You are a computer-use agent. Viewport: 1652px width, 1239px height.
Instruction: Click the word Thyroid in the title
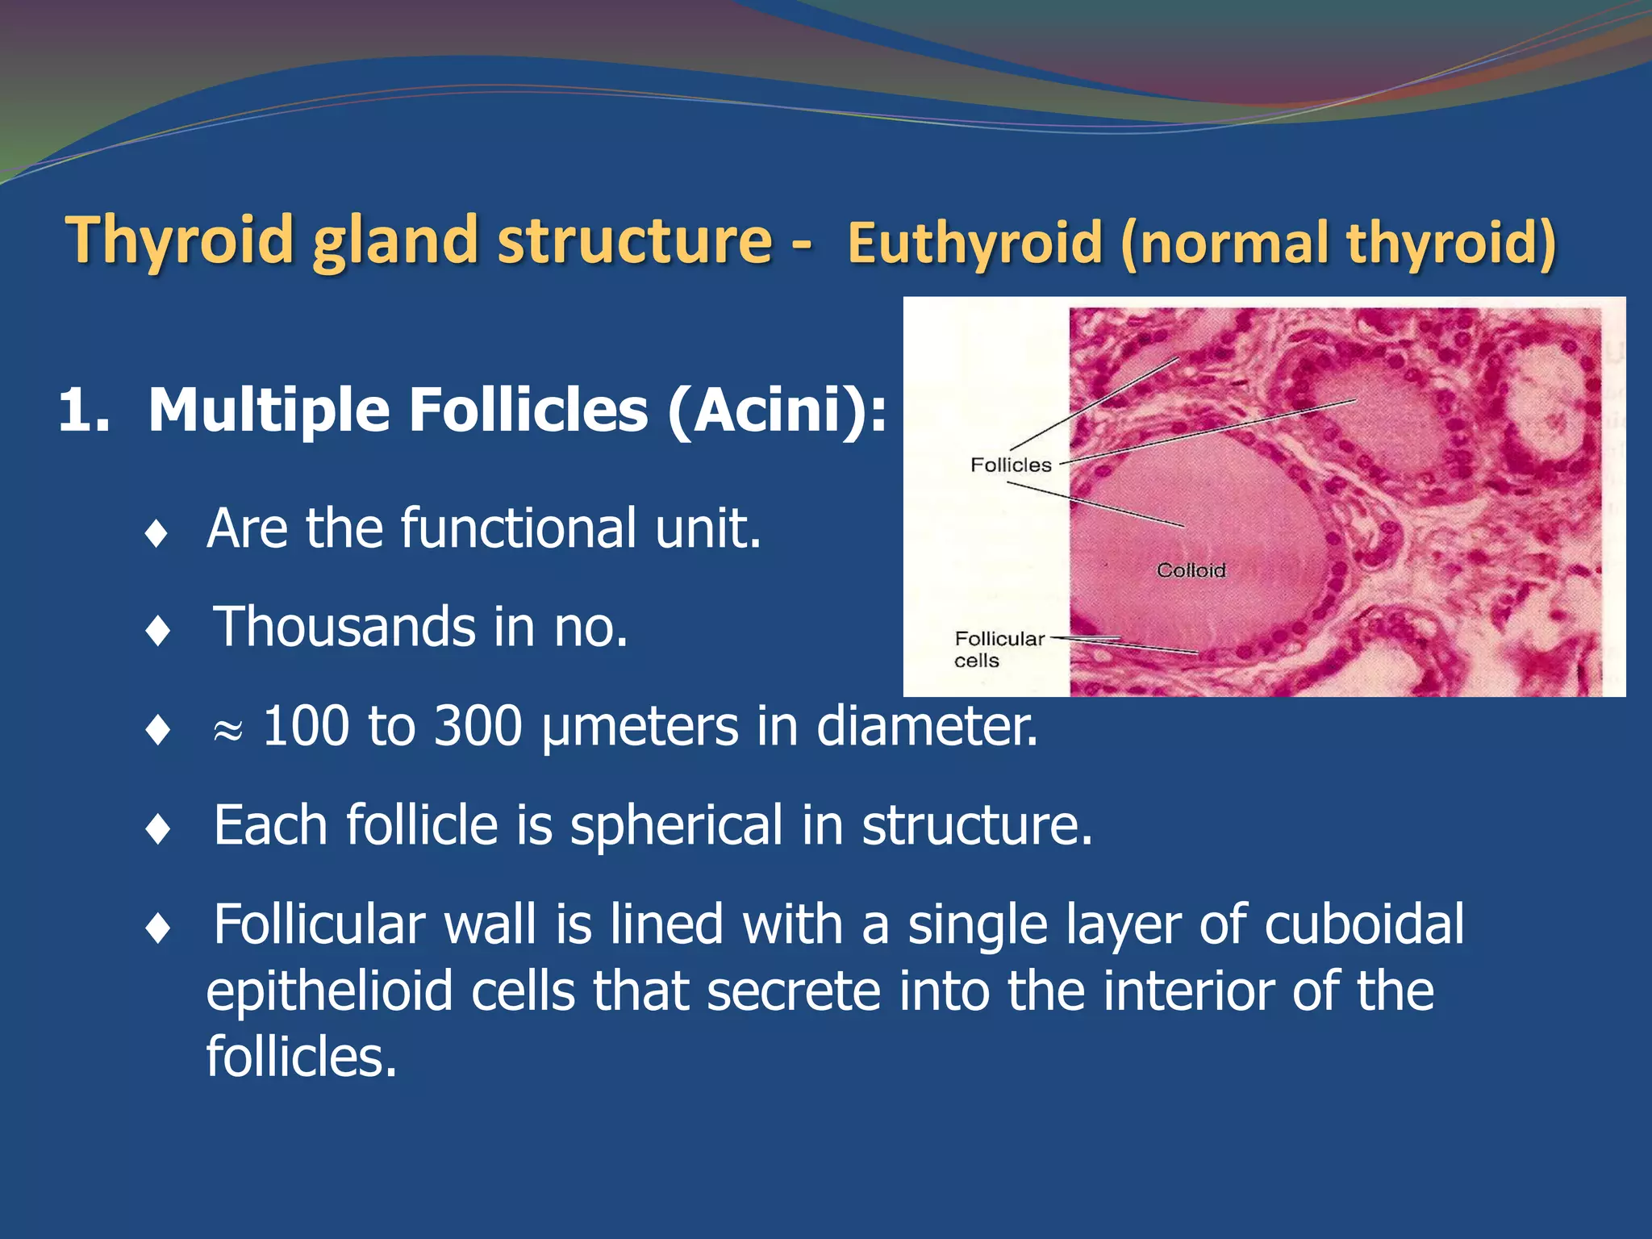(180, 240)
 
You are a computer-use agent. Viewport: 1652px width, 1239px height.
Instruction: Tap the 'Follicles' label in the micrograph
(1010, 465)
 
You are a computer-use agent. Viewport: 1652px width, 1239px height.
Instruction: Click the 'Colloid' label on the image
(1191, 570)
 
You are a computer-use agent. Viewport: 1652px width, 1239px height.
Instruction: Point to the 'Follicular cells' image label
(999, 649)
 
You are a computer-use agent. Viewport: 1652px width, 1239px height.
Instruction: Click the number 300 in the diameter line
(478, 726)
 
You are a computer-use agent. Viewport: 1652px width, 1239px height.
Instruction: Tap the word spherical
(676, 827)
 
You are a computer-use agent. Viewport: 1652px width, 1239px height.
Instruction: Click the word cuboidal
(1363, 924)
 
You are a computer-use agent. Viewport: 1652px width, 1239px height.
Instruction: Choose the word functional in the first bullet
(519, 528)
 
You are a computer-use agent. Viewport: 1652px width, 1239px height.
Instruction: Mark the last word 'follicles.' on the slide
(302, 1057)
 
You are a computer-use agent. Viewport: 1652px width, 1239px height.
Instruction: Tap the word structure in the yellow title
(635, 240)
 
